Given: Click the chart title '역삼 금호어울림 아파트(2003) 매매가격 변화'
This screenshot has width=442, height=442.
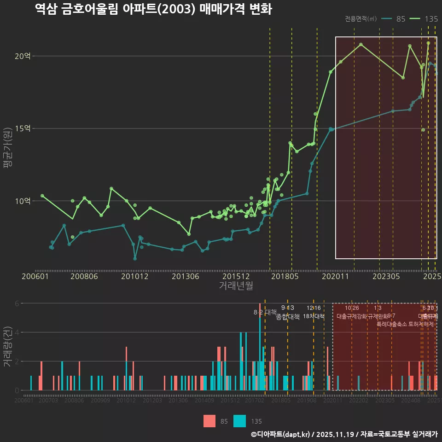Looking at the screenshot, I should (153, 10).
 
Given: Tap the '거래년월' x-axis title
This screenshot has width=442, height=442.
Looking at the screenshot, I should (236, 286).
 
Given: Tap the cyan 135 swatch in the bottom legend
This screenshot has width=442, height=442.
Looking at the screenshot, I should (240, 421).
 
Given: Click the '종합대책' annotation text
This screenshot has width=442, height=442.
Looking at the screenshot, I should (288, 317).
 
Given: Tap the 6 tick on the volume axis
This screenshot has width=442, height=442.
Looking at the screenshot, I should (17, 303).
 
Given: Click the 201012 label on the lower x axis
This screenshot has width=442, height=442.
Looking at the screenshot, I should (126, 401).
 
